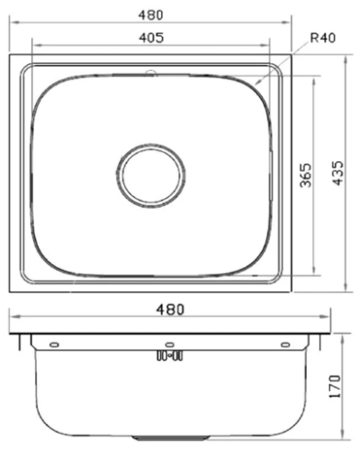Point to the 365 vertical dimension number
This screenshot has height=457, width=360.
(x=305, y=175)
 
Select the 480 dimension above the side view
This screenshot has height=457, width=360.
(x=169, y=309)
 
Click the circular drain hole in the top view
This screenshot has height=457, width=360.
(x=150, y=175)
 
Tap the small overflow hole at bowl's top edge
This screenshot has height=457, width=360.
(x=150, y=69)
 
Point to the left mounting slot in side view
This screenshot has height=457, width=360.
(x=53, y=345)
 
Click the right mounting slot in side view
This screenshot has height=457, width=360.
(x=284, y=345)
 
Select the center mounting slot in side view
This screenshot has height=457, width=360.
(x=168, y=345)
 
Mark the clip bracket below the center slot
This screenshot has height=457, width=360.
(x=169, y=356)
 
